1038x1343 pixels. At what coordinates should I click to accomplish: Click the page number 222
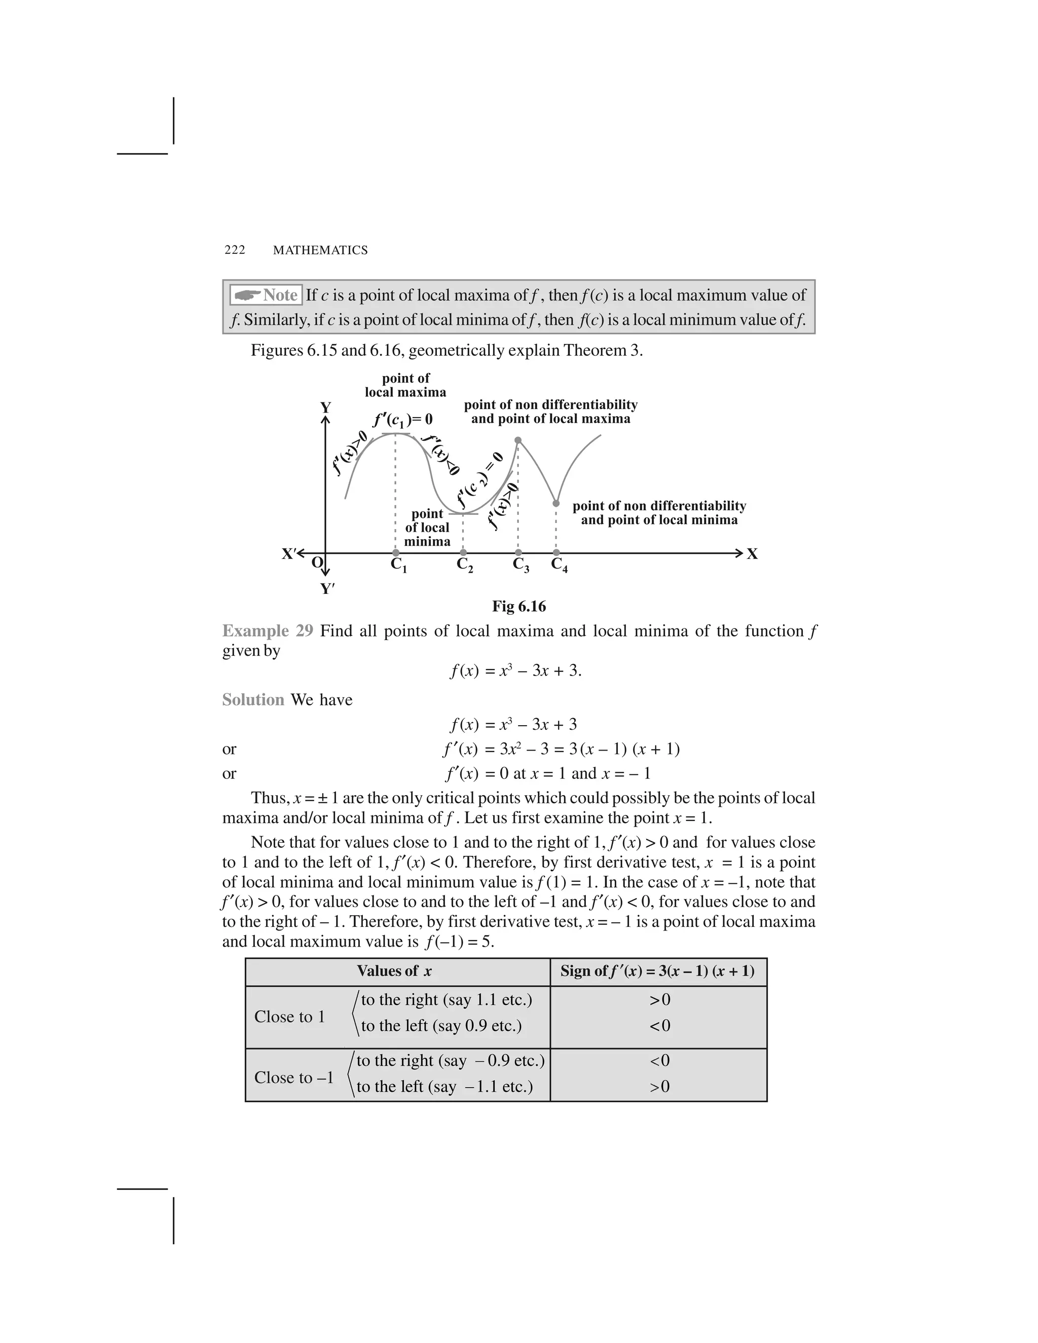235,250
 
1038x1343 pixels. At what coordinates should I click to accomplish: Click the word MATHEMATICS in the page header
320,250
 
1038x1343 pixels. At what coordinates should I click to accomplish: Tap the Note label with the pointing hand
266,295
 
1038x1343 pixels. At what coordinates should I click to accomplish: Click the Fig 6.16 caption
518,607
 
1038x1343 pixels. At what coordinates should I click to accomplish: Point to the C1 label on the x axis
398,565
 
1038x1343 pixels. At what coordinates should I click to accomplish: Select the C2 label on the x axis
465,565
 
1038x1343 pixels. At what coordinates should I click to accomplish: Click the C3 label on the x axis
521,565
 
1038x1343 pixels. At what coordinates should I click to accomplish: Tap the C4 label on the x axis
559,565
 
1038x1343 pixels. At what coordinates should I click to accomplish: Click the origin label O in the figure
317,562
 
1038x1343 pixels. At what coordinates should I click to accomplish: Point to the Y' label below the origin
327,589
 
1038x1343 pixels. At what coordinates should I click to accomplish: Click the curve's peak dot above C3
518,440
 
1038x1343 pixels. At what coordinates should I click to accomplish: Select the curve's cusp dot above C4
556,503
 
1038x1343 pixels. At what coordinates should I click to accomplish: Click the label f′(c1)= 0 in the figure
403,420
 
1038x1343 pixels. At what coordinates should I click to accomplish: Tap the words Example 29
268,631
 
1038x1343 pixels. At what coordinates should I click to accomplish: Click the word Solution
253,700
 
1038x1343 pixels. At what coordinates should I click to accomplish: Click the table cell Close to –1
294,1077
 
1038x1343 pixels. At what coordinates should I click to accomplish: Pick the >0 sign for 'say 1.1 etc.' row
659,1000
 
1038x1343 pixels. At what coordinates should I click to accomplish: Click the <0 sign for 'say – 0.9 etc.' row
659,1061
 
